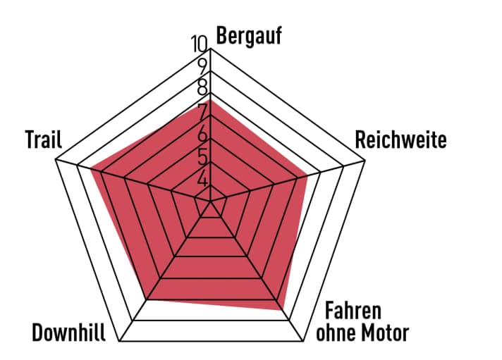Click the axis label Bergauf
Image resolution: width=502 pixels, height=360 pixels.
click(249, 36)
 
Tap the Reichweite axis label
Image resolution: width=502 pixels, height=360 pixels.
click(400, 139)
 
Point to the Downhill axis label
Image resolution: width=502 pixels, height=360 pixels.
click(69, 333)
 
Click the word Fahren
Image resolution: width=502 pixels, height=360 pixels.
click(353, 311)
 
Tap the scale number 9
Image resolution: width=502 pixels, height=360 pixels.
click(202, 67)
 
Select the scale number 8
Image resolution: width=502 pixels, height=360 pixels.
click(202, 89)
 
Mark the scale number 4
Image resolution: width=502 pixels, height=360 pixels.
click(203, 179)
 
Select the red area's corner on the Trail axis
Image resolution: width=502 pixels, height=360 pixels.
click(90, 168)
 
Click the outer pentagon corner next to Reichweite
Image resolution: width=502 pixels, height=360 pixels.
click(366, 161)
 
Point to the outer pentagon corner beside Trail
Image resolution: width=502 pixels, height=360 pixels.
click(56, 161)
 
